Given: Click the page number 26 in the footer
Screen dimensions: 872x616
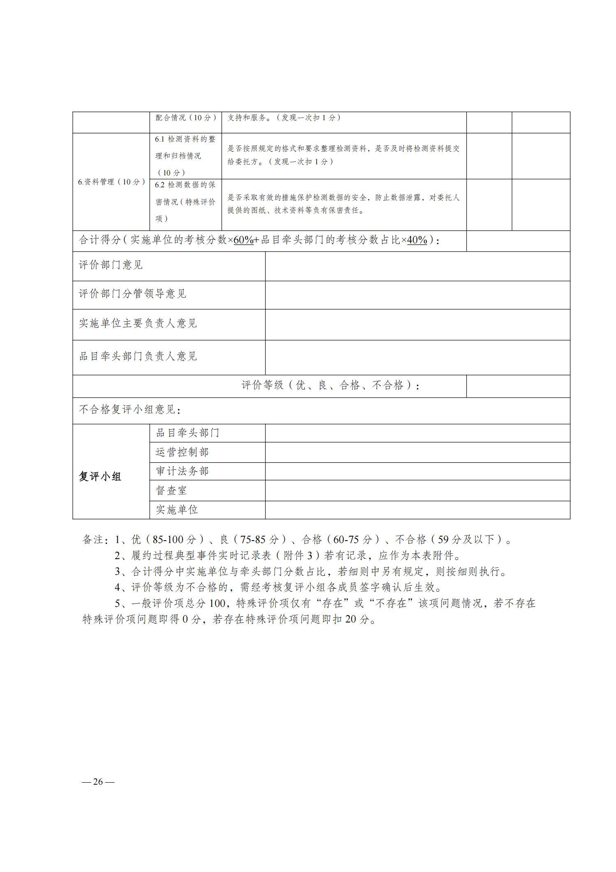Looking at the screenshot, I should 98,781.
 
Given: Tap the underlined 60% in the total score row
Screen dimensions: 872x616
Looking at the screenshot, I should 243,240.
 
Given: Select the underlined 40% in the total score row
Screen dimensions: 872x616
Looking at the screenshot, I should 417,240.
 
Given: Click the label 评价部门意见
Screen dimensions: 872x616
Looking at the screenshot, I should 111,265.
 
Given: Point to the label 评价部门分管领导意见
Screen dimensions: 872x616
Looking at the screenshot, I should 132,294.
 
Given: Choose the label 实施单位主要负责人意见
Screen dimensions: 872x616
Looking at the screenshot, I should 138,323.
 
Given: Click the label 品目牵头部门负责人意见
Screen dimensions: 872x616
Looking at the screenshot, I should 138,356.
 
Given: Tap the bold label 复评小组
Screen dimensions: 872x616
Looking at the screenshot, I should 100,477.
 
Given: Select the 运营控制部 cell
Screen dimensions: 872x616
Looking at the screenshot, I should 182,452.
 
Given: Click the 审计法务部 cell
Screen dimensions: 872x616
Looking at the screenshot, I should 182,471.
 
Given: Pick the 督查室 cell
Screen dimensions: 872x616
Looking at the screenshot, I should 171,490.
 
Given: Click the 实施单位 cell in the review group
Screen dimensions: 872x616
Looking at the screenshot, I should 177,510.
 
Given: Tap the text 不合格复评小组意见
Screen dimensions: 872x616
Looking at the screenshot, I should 130,410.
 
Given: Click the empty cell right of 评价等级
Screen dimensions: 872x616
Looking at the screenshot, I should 518,386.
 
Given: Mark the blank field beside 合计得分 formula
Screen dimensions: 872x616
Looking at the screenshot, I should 518,240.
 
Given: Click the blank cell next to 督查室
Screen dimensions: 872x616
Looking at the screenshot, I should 417,490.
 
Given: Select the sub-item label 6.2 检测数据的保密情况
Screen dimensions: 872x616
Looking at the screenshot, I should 185,202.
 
